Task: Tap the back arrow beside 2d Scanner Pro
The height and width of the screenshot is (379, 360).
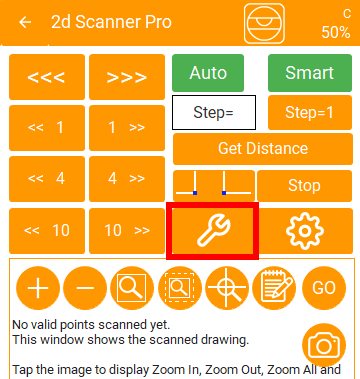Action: pos(25,22)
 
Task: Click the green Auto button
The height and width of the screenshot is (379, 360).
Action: pos(208,73)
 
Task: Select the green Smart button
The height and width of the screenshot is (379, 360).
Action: pos(310,73)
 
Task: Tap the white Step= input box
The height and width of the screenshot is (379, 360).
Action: pos(214,113)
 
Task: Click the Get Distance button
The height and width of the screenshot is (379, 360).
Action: pos(263,149)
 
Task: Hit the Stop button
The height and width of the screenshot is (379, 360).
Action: pos(304,186)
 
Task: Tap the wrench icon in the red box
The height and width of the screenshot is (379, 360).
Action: pos(213,230)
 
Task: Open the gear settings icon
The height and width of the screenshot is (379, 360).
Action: pos(305,231)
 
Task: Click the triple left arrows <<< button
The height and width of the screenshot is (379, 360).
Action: pos(47,77)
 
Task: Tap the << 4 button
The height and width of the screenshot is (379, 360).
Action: pos(47,179)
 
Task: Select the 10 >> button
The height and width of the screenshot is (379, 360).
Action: pos(127,231)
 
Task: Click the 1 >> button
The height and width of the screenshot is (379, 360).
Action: pos(127,128)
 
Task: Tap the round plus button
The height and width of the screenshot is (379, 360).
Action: pos(38,288)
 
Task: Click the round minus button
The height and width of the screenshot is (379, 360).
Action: pos(85,288)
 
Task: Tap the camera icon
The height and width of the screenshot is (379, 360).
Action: pos(324,346)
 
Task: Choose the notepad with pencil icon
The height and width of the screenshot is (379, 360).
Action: pos(274,288)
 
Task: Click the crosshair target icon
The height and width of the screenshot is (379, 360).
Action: pos(227,288)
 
